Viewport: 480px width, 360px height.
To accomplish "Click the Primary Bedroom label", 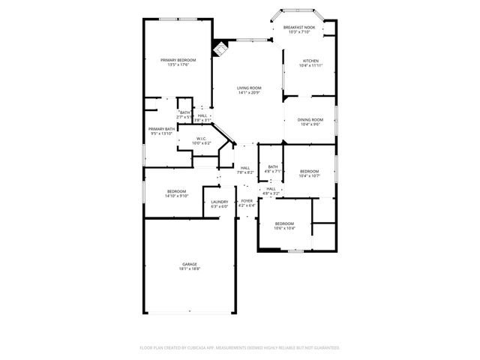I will click(178, 59).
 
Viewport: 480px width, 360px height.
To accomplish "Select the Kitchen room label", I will click(310, 61).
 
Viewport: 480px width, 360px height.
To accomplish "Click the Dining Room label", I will click(310, 119).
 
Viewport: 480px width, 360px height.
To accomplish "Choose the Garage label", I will click(189, 264).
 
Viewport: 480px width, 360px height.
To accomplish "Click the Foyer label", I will click(247, 201).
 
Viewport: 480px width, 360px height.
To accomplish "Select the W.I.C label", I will click(202, 138).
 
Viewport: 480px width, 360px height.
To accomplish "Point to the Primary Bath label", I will click(161, 128).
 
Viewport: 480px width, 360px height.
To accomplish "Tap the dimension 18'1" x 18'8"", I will click(189, 268).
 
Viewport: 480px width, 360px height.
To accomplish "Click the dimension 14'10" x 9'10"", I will click(177, 196).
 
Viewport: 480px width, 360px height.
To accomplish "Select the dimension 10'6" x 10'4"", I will click(284, 228).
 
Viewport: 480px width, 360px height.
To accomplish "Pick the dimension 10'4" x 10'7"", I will click(309, 176).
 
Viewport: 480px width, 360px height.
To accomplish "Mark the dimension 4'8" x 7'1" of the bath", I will click(273, 172).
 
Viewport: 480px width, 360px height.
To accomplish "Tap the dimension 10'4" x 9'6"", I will click(310, 124).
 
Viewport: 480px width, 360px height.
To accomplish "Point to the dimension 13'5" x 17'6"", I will click(178, 64).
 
